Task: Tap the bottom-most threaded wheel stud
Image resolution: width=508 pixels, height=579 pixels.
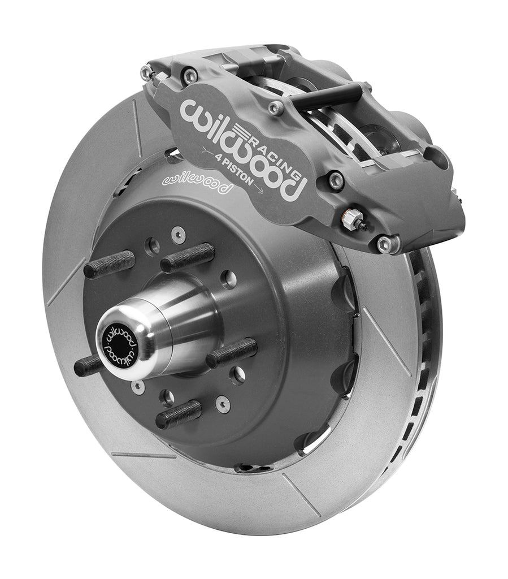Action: point(179,413)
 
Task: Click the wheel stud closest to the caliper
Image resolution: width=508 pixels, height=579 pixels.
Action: point(189,257)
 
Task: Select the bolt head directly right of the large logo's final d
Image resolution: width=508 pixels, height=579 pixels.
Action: point(336,180)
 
